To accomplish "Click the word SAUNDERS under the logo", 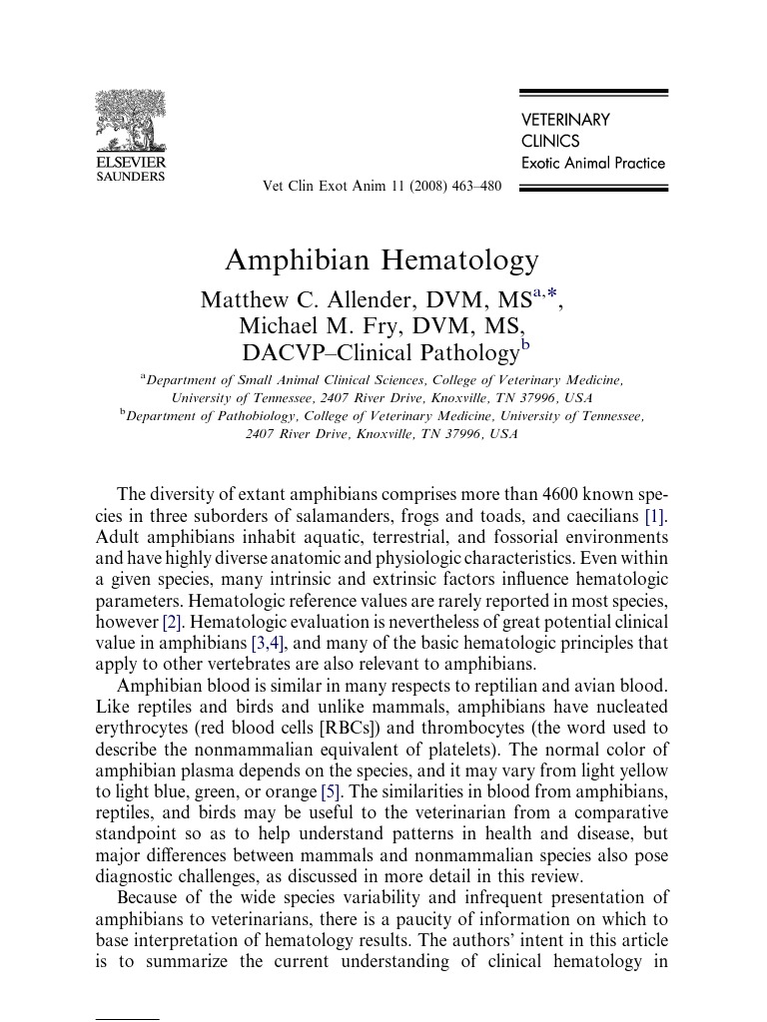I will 130,177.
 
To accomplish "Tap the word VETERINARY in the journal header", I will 565,120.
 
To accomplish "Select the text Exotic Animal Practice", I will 593,163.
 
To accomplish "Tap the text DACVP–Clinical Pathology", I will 380,352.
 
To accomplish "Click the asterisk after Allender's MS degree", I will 550,293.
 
